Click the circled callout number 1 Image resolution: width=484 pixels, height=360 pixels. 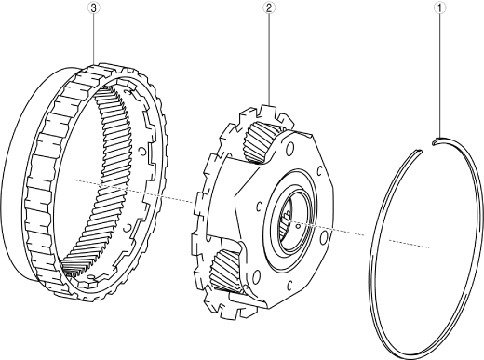[x=439, y=8]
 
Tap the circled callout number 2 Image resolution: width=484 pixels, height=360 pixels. [x=269, y=7]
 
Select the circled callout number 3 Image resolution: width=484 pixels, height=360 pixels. [x=94, y=7]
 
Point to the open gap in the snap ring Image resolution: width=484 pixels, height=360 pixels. [x=427, y=146]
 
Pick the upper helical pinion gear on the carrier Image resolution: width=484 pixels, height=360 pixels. [x=260, y=141]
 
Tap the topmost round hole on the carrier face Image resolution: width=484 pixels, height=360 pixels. [x=289, y=150]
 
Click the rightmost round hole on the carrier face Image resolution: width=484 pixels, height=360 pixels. [x=324, y=238]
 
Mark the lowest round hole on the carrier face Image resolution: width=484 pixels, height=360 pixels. [x=256, y=276]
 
